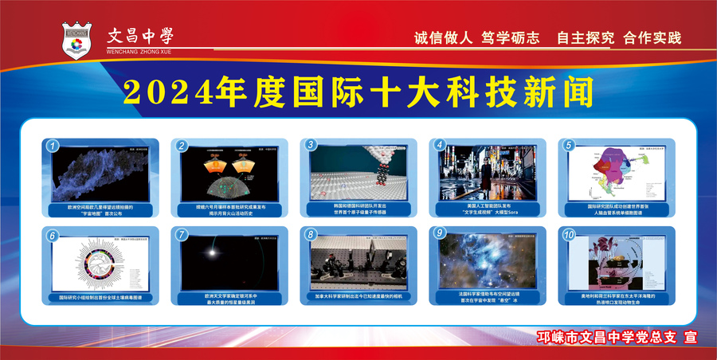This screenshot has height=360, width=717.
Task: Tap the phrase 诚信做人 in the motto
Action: [444, 38]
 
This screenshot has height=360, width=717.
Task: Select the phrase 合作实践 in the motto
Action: [652, 38]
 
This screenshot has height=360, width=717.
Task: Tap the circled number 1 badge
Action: [53, 146]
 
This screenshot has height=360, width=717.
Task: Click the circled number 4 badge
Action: [440, 146]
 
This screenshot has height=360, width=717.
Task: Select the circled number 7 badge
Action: [182, 234]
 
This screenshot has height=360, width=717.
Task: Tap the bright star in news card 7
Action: [214, 253]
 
